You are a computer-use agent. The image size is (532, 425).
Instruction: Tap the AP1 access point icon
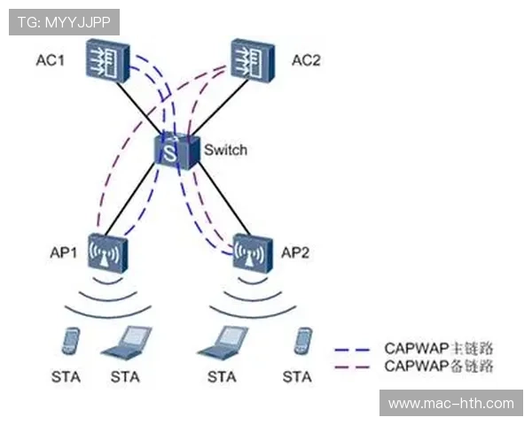tap(109, 255)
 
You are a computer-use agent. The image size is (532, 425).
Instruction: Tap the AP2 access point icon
tap(252, 253)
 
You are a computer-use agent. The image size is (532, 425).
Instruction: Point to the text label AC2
tap(308, 61)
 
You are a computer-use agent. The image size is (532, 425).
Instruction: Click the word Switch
tap(225, 150)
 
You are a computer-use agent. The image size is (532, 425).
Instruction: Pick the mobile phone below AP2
tap(301, 342)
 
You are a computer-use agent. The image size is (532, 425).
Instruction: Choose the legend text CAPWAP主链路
tap(438, 348)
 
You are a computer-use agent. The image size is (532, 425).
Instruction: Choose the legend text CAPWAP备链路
tap(438, 365)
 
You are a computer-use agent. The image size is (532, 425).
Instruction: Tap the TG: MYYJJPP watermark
tap(64, 21)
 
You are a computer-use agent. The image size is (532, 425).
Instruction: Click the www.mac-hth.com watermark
tap(450, 404)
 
